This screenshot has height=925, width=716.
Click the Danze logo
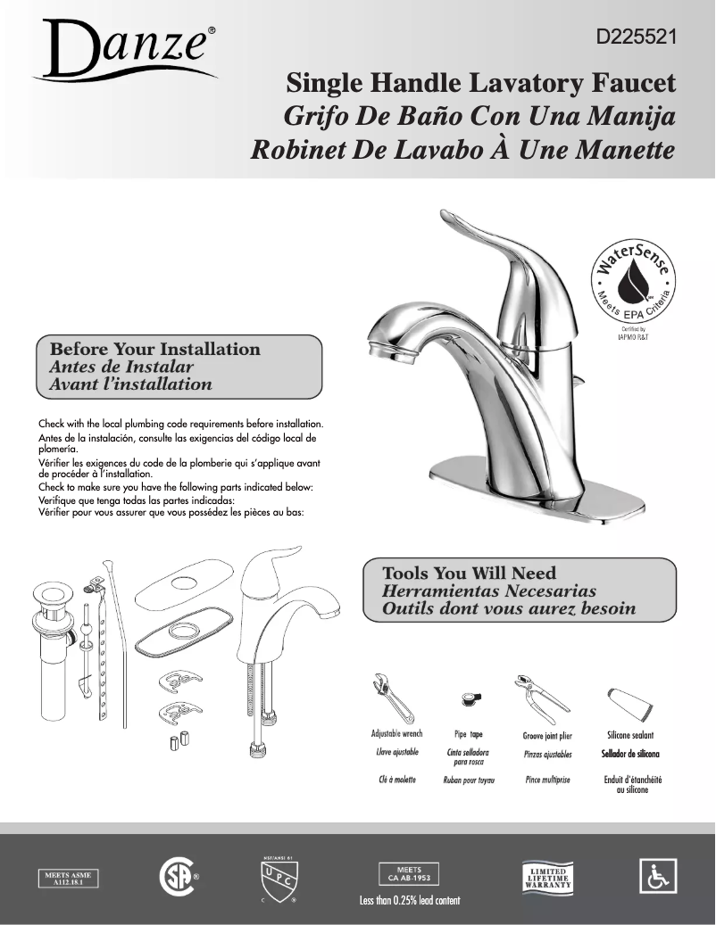click(125, 50)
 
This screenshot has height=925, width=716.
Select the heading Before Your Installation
click(155, 350)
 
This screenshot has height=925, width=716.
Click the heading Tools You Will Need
click(469, 574)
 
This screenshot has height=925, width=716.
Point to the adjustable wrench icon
click(392, 698)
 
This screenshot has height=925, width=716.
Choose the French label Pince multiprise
click(547, 780)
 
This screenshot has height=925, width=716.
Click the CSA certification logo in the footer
click(175, 877)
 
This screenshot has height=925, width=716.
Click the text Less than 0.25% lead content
click(410, 900)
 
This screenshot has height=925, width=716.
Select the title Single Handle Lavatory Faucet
click(480, 84)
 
